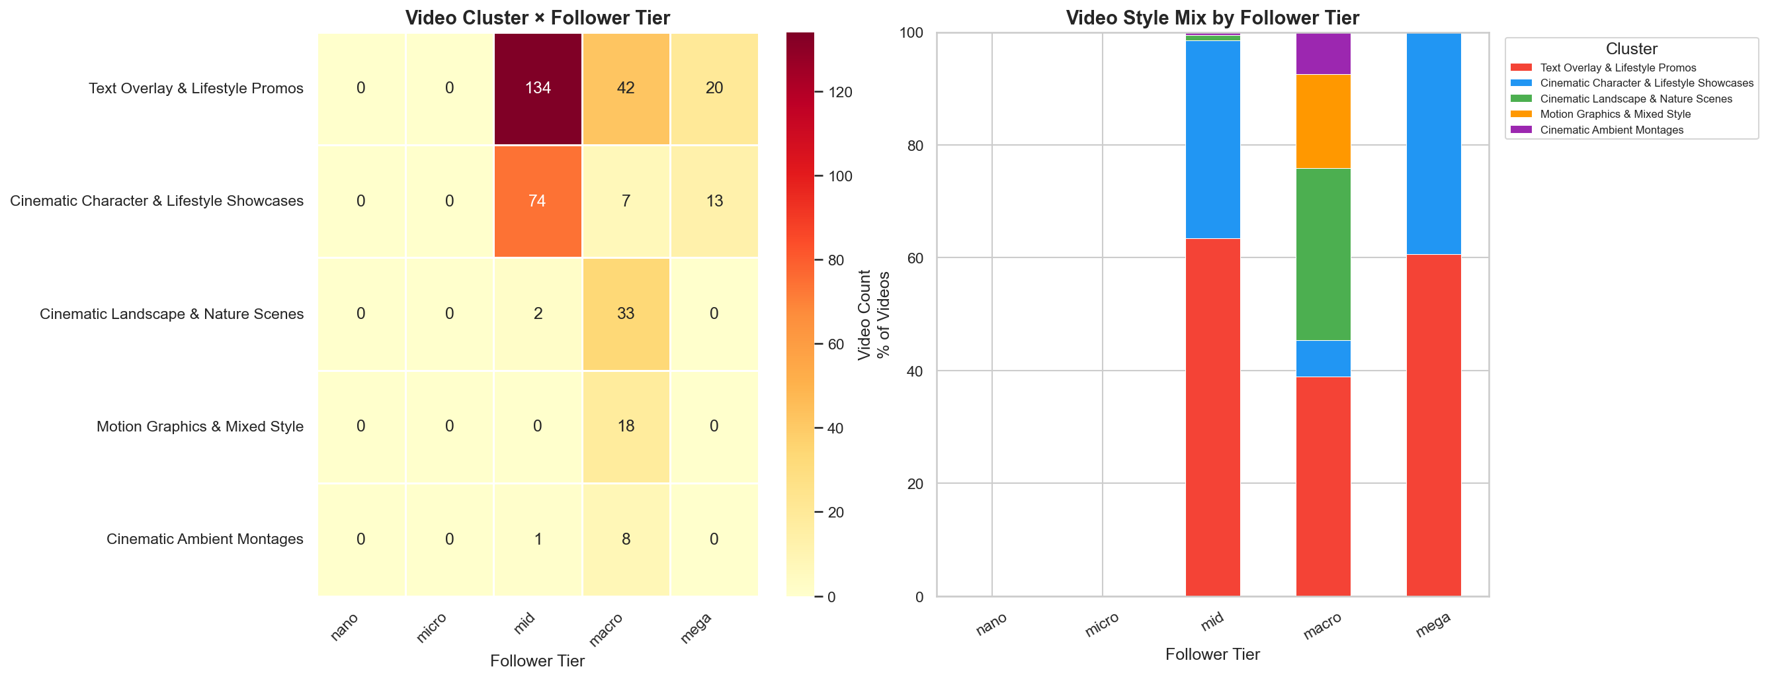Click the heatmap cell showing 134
point(537,89)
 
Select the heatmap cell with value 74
point(537,201)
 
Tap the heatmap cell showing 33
point(625,314)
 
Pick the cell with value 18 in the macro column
point(625,426)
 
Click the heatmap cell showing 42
point(625,89)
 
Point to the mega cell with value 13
point(714,201)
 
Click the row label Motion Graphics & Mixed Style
point(200,426)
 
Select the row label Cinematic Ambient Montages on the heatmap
point(204,539)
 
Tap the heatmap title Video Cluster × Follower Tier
point(537,18)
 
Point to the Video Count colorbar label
point(864,314)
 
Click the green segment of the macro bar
point(1323,254)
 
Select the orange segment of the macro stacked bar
point(1323,122)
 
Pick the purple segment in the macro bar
point(1323,54)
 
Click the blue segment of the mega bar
point(1433,144)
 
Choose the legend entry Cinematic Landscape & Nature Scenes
point(1636,99)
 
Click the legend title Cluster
point(1632,49)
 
